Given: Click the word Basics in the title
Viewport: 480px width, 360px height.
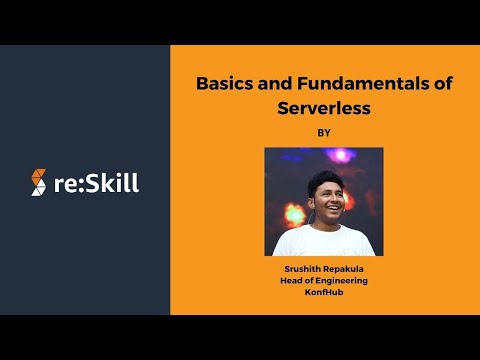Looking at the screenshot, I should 221,86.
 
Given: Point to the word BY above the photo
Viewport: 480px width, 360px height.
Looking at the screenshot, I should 323,131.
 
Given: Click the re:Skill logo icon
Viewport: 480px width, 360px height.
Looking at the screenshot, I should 39,183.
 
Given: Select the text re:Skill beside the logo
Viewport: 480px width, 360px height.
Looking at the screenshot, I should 97,183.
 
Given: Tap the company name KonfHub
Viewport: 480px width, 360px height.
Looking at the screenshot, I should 323,293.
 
